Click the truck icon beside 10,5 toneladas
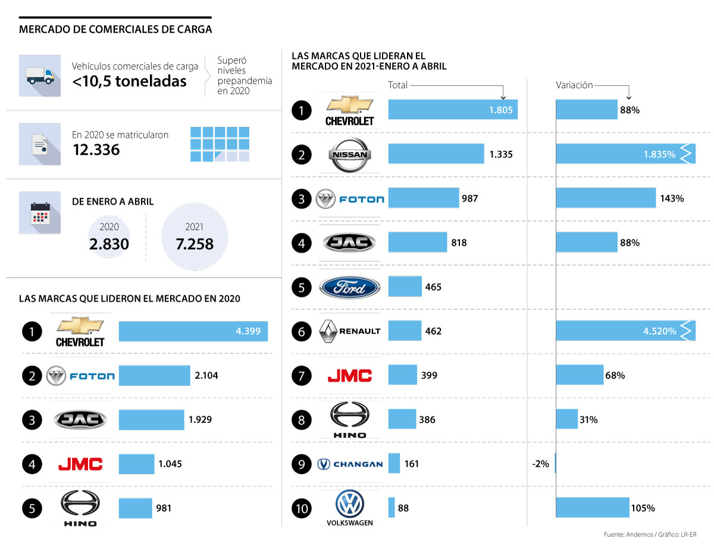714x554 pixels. click(40, 76)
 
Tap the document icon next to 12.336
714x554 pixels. click(40, 144)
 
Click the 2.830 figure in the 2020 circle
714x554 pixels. click(109, 244)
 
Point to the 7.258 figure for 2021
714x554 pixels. click(194, 244)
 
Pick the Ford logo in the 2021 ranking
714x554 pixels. click(350, 287)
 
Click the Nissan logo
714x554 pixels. click(350, 155)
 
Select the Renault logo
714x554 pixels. click(350, 331)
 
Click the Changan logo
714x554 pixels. click(350, 464)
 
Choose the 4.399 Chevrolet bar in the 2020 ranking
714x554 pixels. click(193, 331)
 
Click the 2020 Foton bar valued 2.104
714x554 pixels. click(154, 375)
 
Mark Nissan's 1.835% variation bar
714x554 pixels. click(625, 154)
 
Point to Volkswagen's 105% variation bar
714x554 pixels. click(592, 508)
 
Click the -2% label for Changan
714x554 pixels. click(540, 464)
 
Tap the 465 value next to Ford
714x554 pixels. click(433, 287)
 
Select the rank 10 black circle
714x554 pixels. click(302, 508)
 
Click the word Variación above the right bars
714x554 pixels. click(574, 85)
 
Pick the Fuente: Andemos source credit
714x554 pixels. click(649, 535)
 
